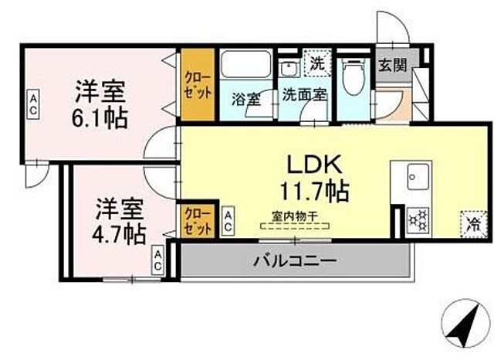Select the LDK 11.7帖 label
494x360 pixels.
[x=318, y=175]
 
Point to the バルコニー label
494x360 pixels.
[x=294, y=261]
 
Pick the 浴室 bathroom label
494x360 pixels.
[x=245, y=98]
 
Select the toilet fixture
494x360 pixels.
[x=354, y=76]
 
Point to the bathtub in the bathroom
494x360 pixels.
[x=245, y=65]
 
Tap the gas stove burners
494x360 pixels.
[x=419, y=219]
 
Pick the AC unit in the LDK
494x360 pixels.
[x=228, y=222]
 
